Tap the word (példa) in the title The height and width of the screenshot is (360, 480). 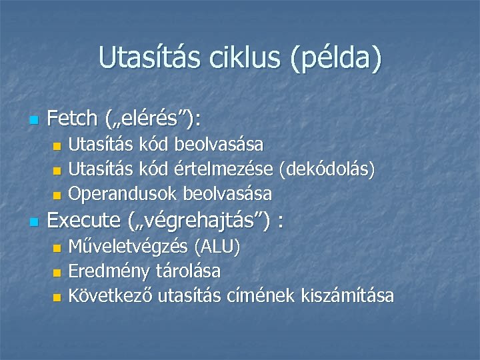[x=336, y=59]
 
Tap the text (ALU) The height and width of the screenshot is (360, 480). [x=217, y=247]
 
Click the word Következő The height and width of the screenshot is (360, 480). [x=111, y=295]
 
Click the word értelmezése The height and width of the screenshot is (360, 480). [x=226, y=169]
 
